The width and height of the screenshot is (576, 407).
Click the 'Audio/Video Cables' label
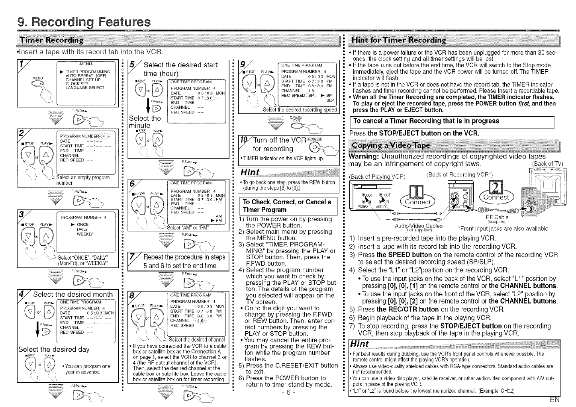pos(419,226)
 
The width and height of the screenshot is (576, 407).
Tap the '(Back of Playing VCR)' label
pos(377,176)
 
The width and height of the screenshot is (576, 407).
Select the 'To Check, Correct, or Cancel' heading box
pos(288,205)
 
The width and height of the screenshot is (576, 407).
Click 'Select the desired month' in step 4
pos(68,294)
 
